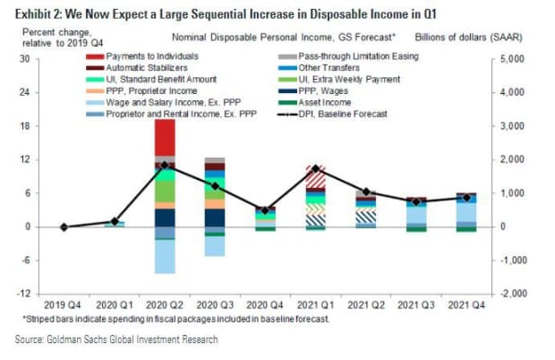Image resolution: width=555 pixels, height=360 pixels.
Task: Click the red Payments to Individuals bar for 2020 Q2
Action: (164, 137)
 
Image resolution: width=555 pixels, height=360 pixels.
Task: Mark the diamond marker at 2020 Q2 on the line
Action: (164, 166)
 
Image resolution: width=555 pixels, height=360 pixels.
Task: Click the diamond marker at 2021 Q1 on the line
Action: (315, 168)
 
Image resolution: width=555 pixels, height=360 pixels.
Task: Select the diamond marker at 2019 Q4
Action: (64, 227)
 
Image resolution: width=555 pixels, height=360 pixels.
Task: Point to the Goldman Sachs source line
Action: (116, 339)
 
